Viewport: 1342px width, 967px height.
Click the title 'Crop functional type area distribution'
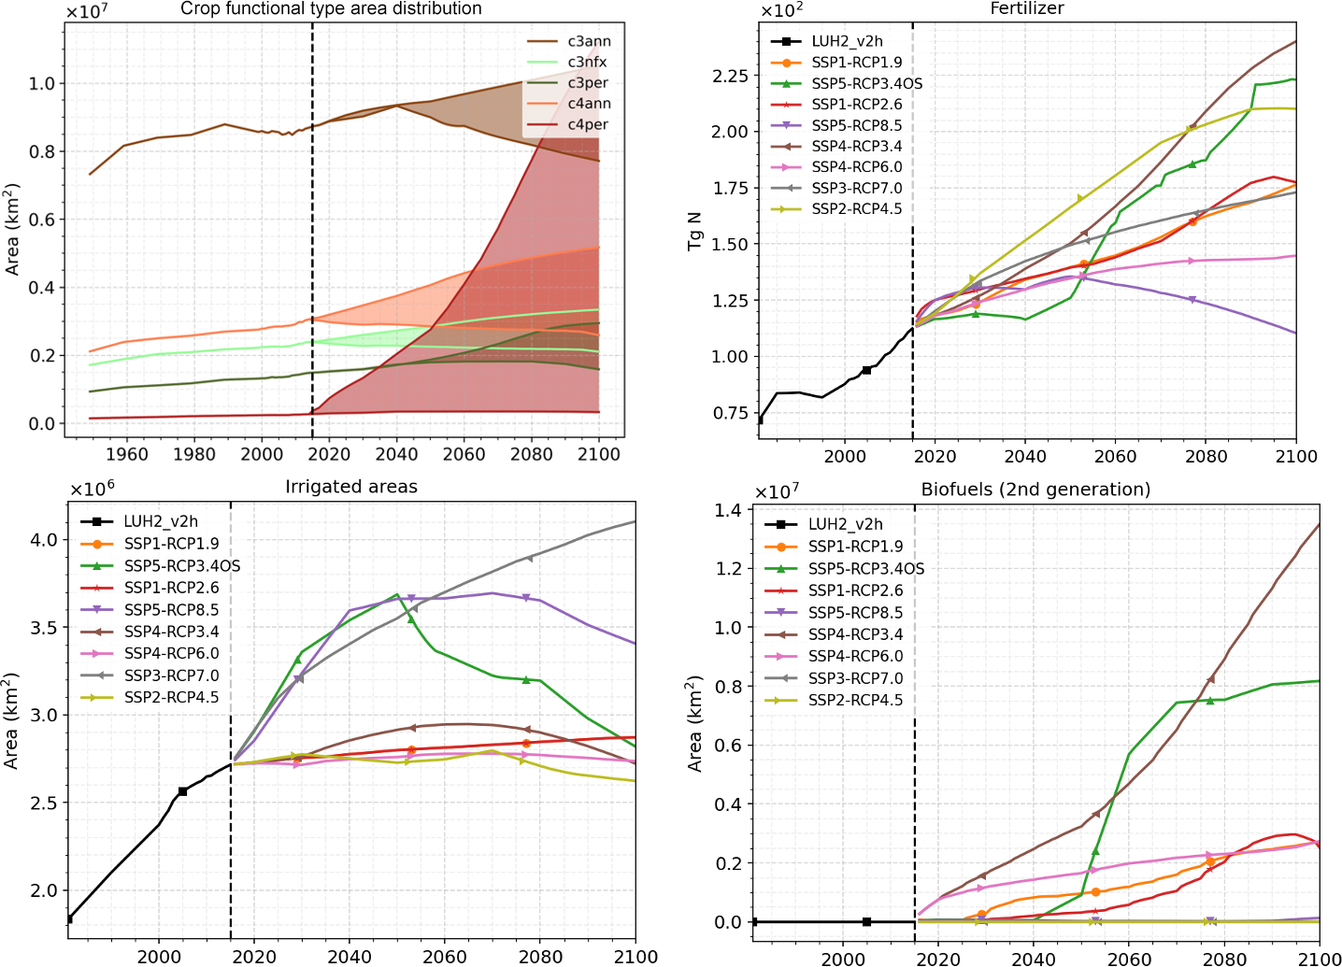point(331,9)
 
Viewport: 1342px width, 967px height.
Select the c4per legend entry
point(588,124)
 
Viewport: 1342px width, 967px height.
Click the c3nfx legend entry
point(587,62)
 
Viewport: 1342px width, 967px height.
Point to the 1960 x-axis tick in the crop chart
point(126,454)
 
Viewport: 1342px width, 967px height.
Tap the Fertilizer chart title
point(1026,9)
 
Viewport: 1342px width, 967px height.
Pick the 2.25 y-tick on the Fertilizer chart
point(729,76)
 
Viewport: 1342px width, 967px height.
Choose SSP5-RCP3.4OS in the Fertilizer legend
point(866,83)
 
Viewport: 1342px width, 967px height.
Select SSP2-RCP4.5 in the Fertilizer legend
point(856,208)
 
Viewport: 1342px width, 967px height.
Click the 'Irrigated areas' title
point(350,487)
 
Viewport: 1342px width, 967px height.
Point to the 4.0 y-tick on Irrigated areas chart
point(43,540)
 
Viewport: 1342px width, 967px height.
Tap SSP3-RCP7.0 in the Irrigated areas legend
point(171,675)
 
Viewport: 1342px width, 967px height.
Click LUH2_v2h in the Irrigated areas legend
point(161,521)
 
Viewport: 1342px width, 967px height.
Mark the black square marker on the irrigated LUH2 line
point(183,791)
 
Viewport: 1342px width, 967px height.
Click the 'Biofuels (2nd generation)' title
point(1035,490)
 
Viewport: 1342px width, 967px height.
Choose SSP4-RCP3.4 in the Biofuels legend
point(855,634)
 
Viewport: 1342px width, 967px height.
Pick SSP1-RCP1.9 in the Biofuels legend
point(855,547)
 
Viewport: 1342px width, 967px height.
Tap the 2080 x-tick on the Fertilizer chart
point(1206,456)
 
